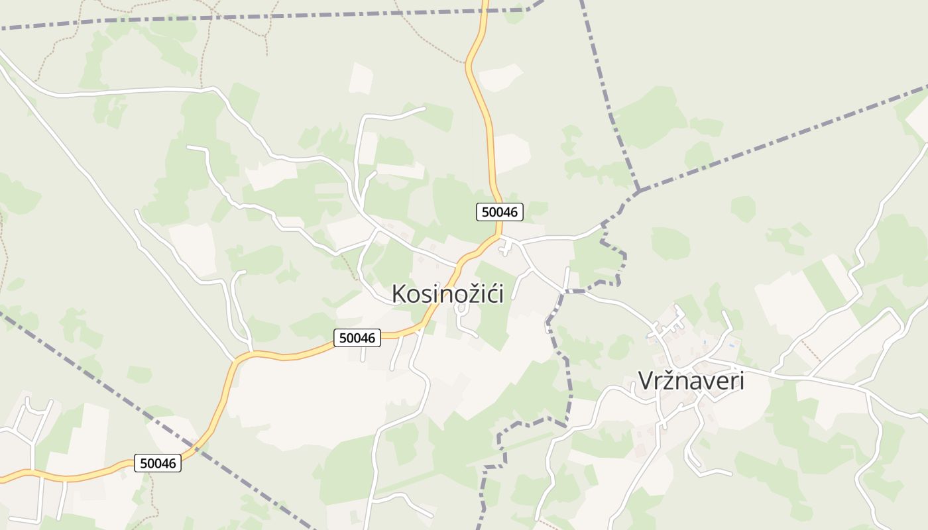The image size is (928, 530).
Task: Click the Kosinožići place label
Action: [447, 293]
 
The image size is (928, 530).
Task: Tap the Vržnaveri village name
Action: [691, 381]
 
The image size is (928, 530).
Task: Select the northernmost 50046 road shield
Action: [500, 211]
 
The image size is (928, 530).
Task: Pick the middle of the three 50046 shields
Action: [357, 338]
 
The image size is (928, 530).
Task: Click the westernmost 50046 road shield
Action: [158, 463]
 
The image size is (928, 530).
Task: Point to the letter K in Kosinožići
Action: [398, 293]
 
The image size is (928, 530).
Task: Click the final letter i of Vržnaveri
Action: [741, 381]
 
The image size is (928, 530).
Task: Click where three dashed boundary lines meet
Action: [638, 191]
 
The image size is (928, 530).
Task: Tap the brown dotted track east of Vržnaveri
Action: [805, 346]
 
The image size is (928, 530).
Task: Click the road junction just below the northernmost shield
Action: [500, 236]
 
